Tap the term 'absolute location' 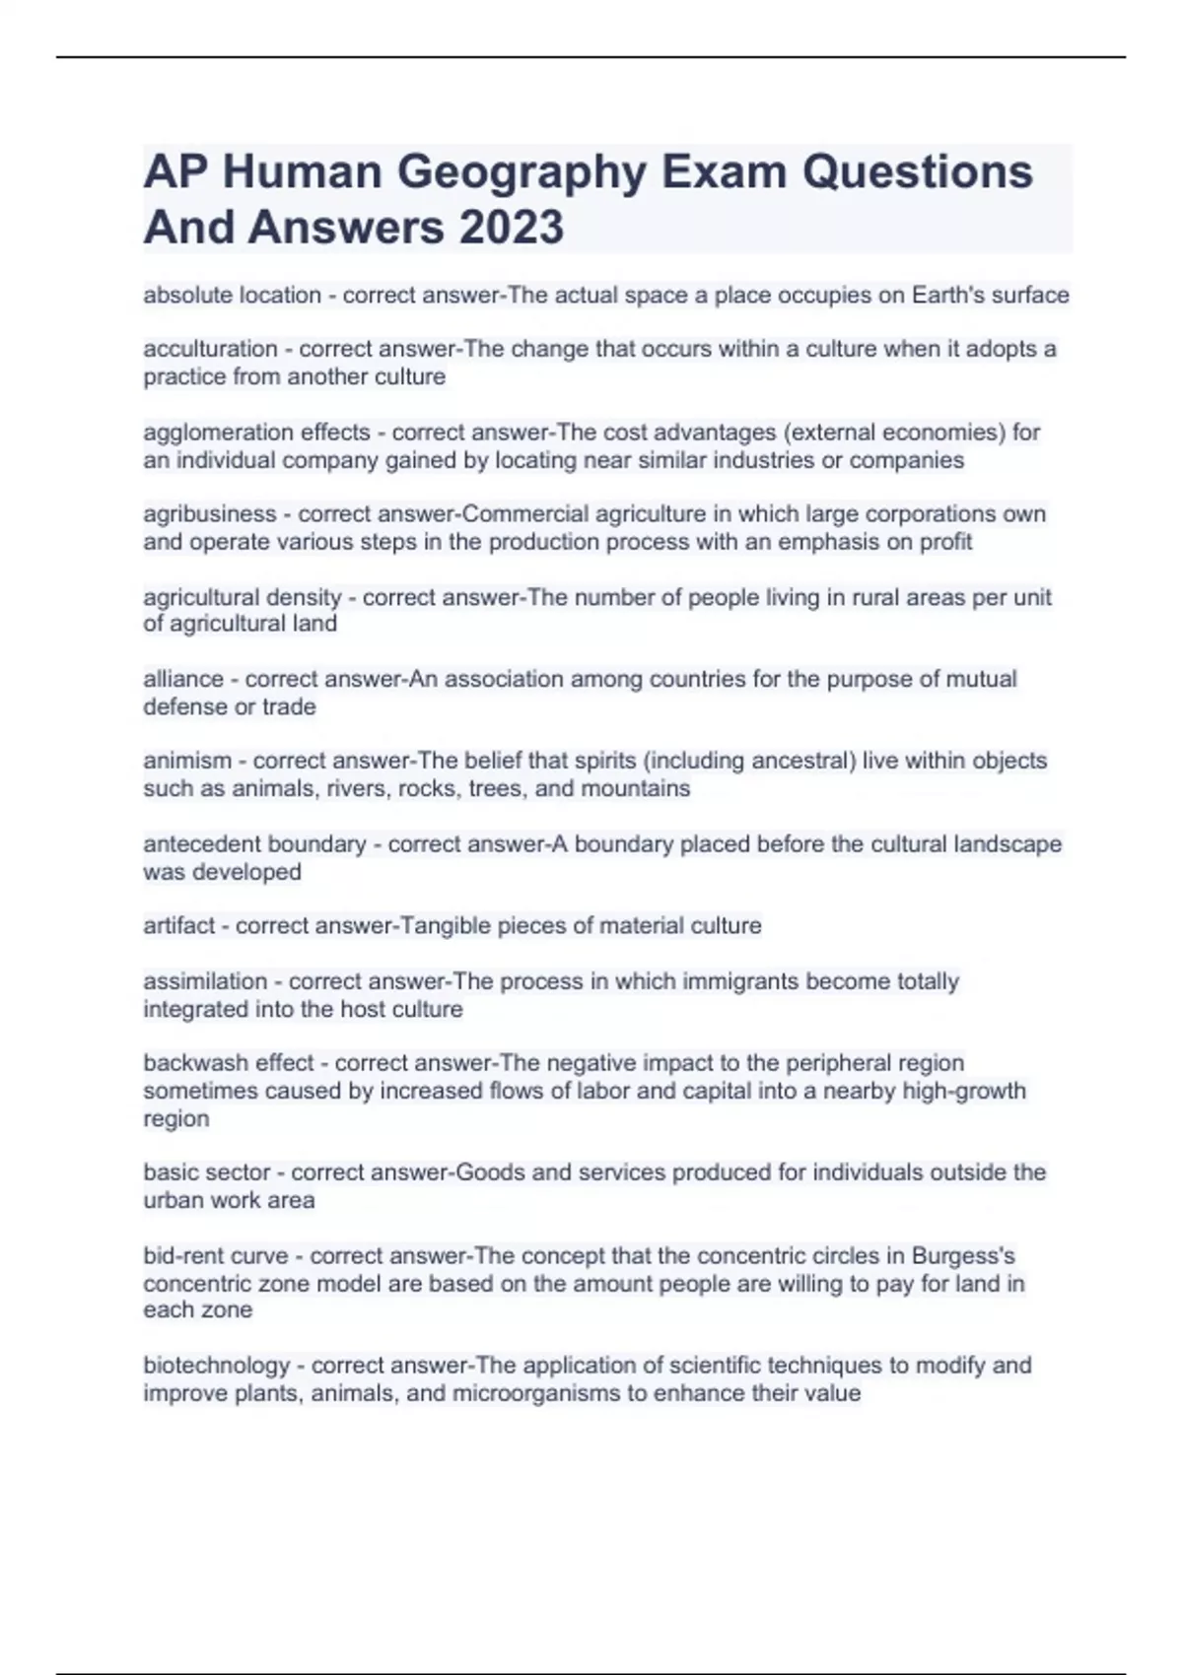tap(232, 295)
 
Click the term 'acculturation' tap(210, 349)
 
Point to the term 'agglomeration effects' tap(256, 433)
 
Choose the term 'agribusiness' tap(209, 514)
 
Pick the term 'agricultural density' tap(242, 597)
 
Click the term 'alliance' tap(183, 679)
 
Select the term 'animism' tap(187, 761)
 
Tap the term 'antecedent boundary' tap(254, 844)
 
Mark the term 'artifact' tap(178, 926)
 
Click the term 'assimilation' tap(205, 981)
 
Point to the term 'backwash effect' tap(229, 1063)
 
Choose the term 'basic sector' tap(206, 1172)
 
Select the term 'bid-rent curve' tap(215, 1256)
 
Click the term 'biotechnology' tap(216, 1366)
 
